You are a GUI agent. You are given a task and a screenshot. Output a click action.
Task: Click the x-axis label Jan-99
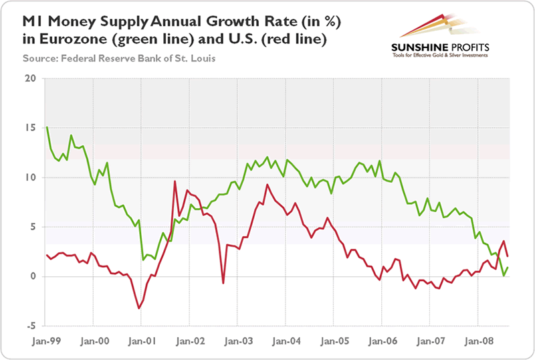point(47,340)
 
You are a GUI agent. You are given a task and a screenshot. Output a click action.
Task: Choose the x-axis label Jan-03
point(237,340)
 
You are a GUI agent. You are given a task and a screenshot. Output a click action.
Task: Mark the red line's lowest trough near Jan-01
point(138,308)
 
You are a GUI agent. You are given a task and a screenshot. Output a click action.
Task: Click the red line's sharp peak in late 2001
point(175,181)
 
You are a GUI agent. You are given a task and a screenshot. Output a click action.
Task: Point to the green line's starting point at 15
point(46,127)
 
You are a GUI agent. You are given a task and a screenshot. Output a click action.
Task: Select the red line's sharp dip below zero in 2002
point(223,283)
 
